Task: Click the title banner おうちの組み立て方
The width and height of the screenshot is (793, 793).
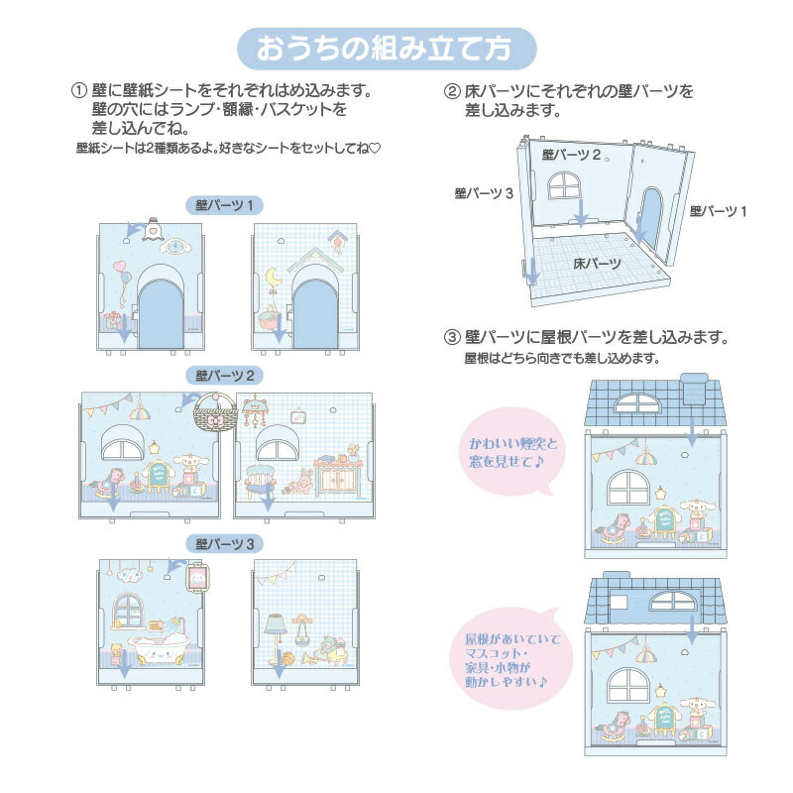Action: [387, 48]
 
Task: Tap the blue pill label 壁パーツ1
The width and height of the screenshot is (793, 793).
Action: [226, 204]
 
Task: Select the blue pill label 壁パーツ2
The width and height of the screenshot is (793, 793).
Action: [226, 376]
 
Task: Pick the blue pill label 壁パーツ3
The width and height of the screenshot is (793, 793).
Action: [226, 543]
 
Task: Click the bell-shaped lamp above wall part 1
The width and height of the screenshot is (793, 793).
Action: [153, 227]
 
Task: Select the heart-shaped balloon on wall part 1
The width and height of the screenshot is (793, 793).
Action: [120, 270]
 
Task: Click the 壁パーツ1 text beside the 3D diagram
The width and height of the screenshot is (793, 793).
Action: [718, 211]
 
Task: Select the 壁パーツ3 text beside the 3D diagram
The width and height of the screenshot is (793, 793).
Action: [483, 193]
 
